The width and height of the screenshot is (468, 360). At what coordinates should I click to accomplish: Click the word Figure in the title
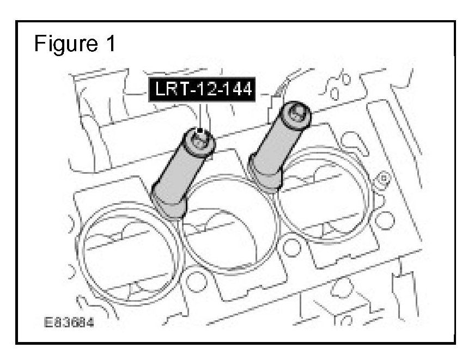pos(66,44)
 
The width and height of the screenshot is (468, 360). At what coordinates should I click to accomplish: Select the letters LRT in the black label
pos(170,89)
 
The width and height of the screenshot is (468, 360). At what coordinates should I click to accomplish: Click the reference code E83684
pos(69,322)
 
